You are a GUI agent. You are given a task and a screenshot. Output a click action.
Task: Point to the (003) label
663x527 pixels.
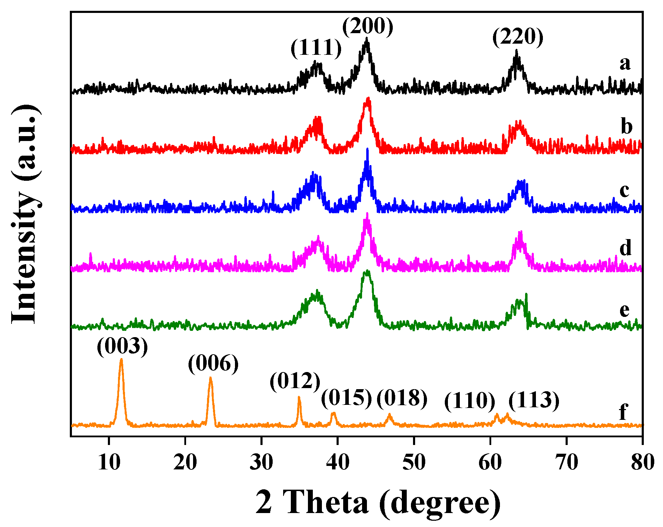tap(122, 346)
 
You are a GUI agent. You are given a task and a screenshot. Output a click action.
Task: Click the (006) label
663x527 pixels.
tap(213, 364)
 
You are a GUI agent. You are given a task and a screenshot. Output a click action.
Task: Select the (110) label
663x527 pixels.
tap(470, 401)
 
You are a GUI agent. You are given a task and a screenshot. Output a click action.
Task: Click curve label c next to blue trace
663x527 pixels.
tap(625, 191)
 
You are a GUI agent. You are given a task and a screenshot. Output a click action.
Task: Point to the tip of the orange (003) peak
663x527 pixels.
tap(121, 359)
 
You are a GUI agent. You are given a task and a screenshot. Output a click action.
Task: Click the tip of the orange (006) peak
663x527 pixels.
tap(210, 378)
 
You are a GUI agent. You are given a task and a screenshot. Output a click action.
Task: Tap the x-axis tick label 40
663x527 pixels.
tap(338, 462)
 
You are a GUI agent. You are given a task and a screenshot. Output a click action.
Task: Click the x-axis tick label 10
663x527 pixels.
tap(109, 462)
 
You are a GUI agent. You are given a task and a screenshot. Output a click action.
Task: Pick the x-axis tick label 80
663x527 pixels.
tap(642, 462)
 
